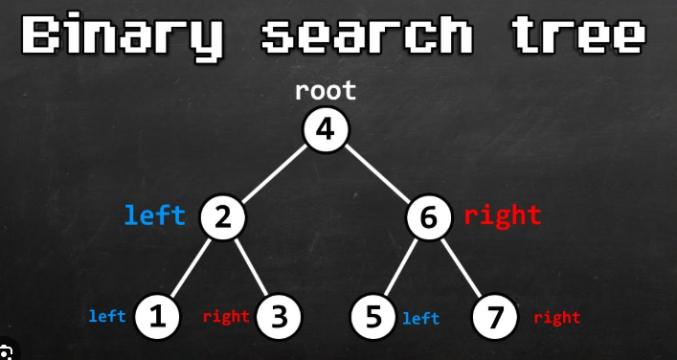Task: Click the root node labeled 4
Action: pos(326,129)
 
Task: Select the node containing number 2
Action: pos(222,216)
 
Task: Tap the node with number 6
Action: pos(429,216)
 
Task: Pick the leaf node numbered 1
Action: pos(157,316)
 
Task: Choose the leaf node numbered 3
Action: pos(279,316)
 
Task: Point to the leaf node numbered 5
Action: pos(373,316)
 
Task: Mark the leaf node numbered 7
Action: pos(495,316)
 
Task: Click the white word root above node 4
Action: pos(326,91)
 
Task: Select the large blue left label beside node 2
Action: pos(155,214)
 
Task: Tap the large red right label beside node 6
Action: pos(502,215)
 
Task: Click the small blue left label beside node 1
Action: pos(107,316)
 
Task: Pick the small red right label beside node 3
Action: pos(226,317)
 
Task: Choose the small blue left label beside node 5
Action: pos(421,319)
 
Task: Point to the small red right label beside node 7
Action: pos(557,318)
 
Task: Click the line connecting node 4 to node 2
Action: pos(274,174)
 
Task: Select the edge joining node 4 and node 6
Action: pos(377,174)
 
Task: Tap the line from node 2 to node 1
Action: pos(190,268)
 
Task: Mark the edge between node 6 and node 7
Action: pos(462,268)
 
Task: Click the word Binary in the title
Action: pos(122,35)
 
